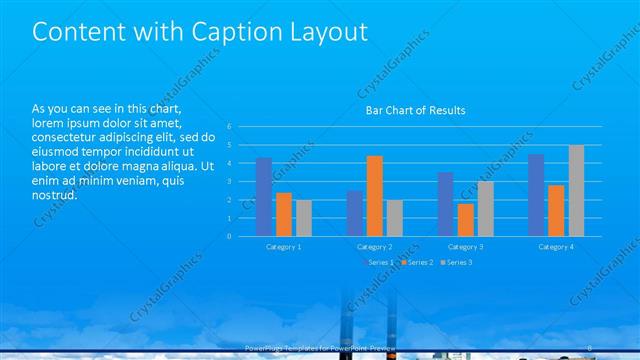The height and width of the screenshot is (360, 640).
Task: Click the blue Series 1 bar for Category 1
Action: (x=264, y=197)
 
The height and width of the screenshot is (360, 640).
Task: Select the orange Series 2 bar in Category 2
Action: (x=374, y=196)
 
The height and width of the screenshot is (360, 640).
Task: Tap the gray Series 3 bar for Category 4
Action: (x=576, y=191)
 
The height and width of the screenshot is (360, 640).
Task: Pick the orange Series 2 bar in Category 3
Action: (x=465, y=220)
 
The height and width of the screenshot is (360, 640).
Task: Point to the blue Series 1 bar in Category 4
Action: (x=536, y=195)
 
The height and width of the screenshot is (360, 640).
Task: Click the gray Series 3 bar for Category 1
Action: (x=304, y=218)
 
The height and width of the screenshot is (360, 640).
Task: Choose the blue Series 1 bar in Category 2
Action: (x=354, y=213)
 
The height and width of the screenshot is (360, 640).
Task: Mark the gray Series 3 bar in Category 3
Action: (x=485, y=209)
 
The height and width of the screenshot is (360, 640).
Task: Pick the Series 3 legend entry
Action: (x=457, y=262)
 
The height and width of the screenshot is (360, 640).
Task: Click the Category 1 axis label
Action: (x=283, y=246)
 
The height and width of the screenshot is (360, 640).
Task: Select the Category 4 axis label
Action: (x=555, y=246)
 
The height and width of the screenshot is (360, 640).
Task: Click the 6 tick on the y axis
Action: (x=229, y=127)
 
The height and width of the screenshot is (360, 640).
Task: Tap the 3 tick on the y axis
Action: (x=229, y=182)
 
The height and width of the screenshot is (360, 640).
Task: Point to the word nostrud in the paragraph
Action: (x=54, y=194)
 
